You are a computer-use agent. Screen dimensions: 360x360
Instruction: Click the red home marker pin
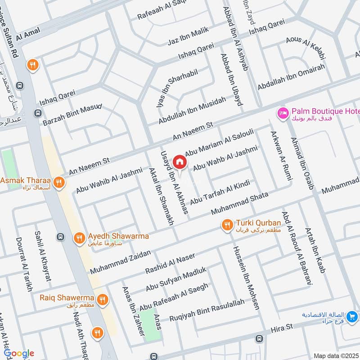[x=179, y=161]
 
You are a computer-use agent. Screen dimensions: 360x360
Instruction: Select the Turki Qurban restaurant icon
[x=226, y=224]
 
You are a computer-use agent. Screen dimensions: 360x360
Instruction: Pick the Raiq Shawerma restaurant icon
[x=103, y=298]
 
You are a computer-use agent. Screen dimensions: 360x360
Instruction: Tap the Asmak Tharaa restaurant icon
[x=58, y=182]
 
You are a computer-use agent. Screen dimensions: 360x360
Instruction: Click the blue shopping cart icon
[x=352, y=317]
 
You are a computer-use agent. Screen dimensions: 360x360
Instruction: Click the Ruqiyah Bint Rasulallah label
[x=207, y=311]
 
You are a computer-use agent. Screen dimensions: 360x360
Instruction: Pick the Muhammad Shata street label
[x=240, y=204]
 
